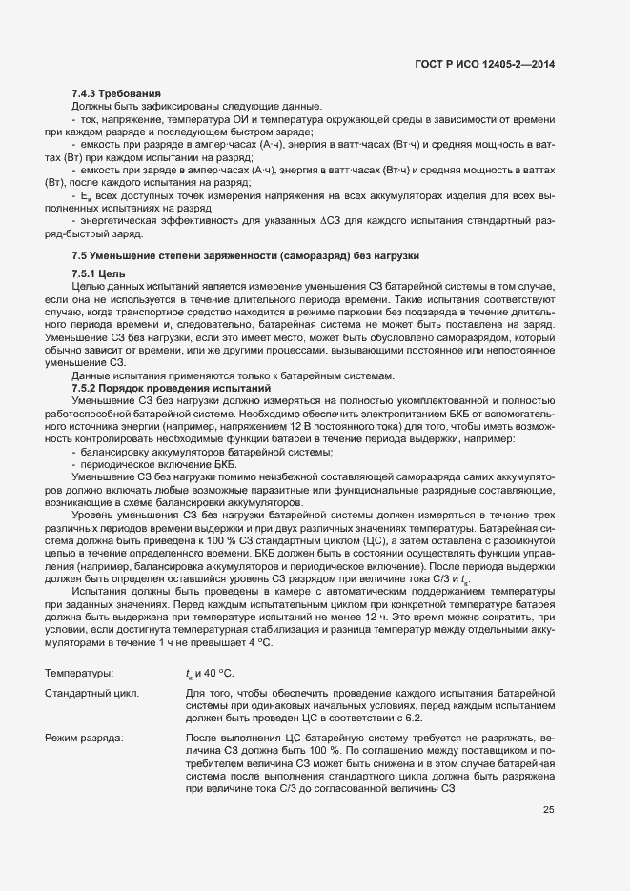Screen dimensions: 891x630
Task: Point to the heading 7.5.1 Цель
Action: (x=99, y=274)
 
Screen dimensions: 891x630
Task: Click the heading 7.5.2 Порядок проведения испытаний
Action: (x=159, y=387)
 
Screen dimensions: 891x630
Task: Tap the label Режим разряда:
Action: (x=85, y=738)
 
